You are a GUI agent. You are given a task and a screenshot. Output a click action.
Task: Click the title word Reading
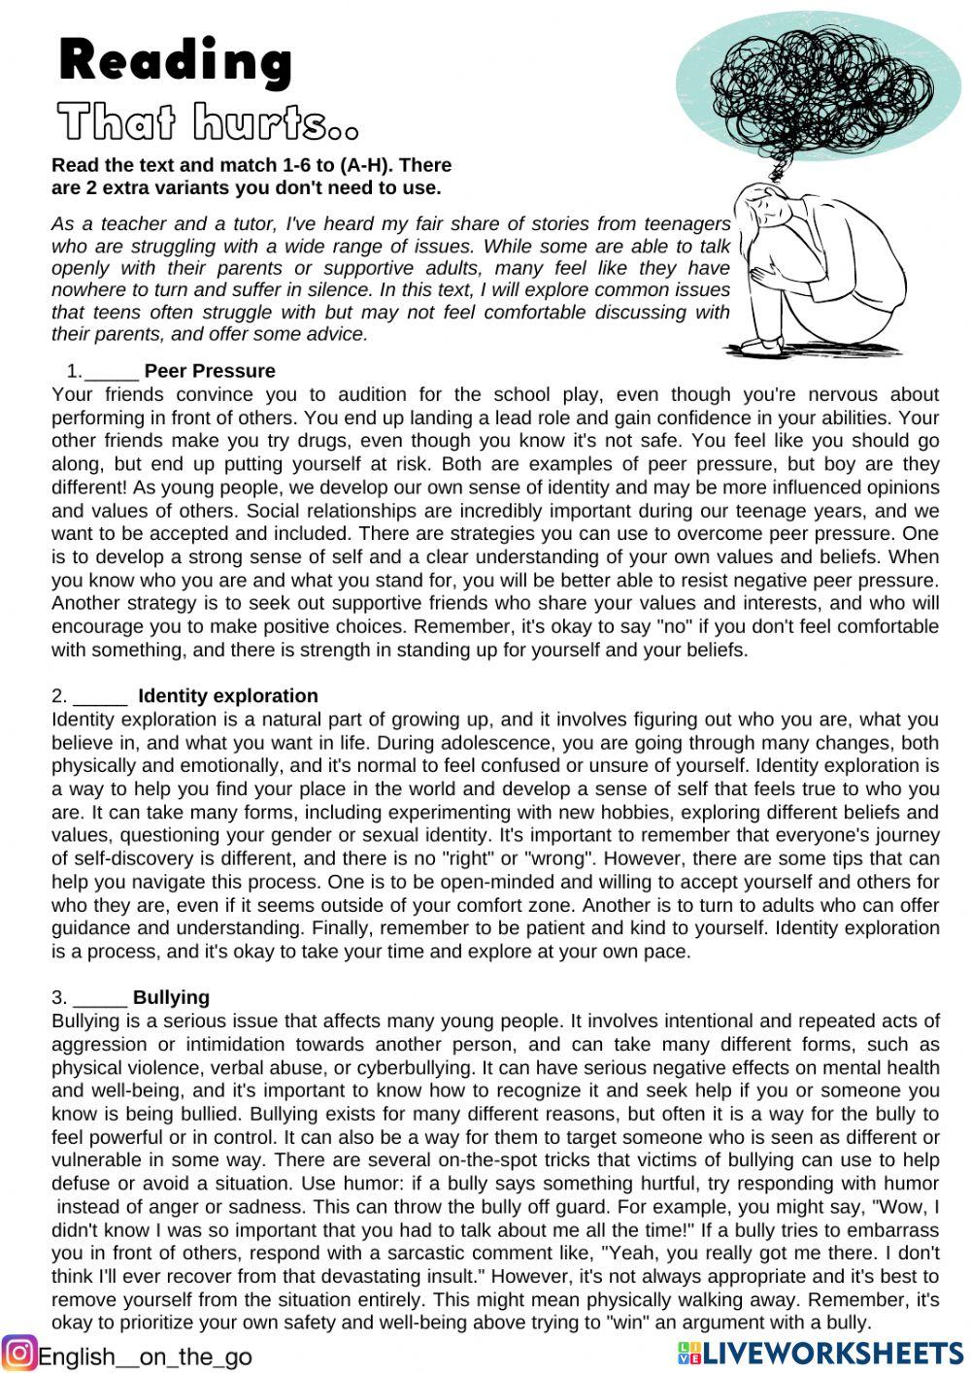[x=176, y=61]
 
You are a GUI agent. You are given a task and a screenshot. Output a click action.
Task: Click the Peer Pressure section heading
[x=210, y=371]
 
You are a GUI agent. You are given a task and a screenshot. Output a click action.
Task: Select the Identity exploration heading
[x=228, y=696]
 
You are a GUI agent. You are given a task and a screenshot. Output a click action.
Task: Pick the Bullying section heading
[x=171, y=997]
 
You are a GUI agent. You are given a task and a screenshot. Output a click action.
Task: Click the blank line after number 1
[x=112, y=372]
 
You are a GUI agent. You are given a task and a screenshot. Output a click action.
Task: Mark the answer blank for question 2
[x=100, y=697]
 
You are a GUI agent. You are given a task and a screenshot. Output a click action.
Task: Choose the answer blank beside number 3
[x=100, y=998]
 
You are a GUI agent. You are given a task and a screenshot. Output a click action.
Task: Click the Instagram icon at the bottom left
[x=18, y=1353]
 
